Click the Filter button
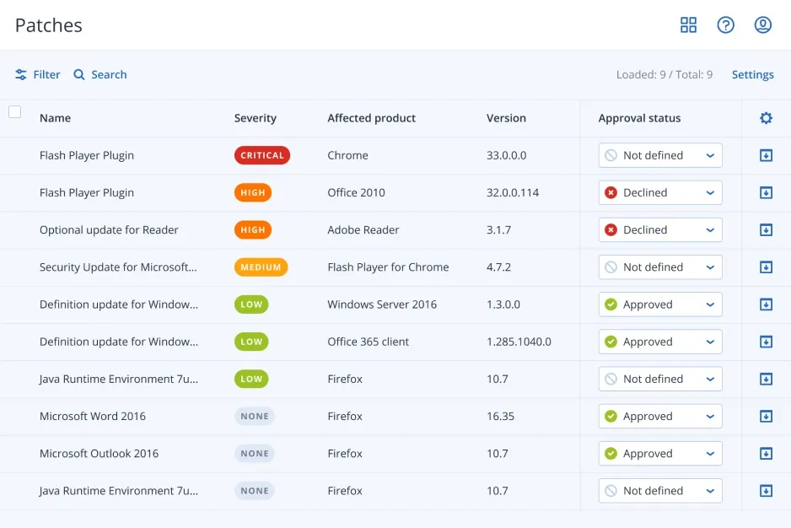38,74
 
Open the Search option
100,74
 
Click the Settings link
752,74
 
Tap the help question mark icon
725,25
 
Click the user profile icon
762,25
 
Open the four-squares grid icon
688,25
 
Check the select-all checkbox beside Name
14,111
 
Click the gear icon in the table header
766,118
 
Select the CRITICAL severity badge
261,155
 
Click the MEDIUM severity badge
261,267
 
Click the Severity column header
255,118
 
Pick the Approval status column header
639,118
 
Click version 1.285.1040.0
519,342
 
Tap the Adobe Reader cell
363,229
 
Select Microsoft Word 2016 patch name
93,416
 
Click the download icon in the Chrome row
766,155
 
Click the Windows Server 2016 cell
382,304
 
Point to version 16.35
500,416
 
